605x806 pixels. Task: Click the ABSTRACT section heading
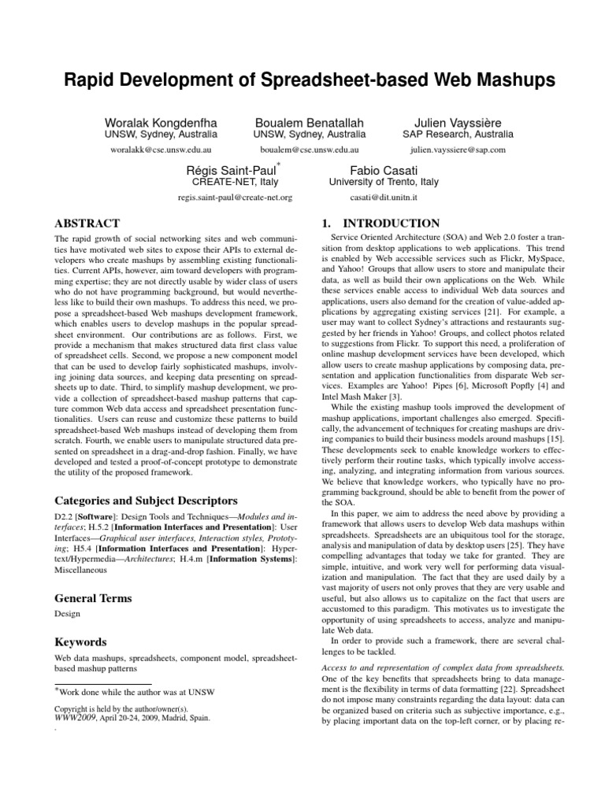click(87, 224)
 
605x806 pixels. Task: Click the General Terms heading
click(92, 598)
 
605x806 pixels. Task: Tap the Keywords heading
click(81, 641)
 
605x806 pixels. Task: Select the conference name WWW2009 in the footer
click(75, 719)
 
